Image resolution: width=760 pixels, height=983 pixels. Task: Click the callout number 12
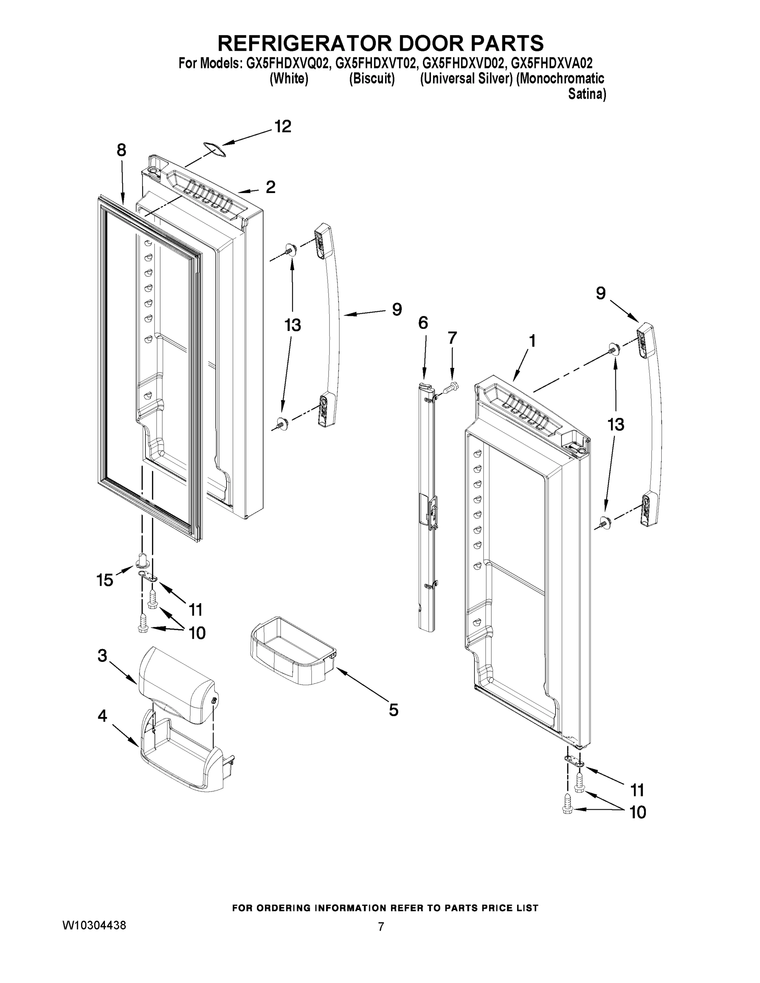click(283, 127)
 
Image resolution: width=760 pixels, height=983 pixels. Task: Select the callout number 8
click(121, 150)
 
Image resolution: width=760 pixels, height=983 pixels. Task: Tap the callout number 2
click(270, 187)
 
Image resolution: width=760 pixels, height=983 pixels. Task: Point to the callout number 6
click(423, 323)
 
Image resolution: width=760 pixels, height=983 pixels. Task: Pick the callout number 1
click(532, 341)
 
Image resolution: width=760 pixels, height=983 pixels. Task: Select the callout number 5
click(393, 710)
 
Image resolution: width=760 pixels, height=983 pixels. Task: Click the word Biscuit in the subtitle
click(372, 79)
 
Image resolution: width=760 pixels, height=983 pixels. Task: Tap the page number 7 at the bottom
click(381, 927)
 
